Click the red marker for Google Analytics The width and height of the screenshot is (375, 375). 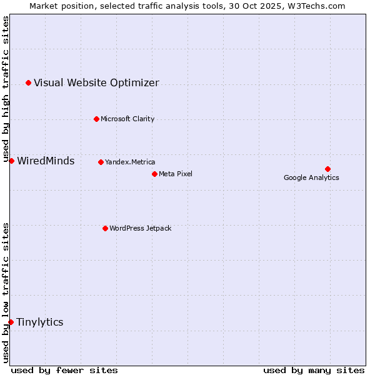pos(327,169)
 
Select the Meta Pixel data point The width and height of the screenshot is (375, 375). pos(154,174)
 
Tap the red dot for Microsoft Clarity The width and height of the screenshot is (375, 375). pos(96,119)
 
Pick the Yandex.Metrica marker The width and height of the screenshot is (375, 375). pos(101,162)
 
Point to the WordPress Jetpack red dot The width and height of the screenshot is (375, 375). pos(105,228)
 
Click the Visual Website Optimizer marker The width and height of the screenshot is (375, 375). pos(28,82)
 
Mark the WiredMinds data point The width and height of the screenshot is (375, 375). pos(11,161)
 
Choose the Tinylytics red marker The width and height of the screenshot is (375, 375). pos(11,322)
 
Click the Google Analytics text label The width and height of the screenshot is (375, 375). pos(311,177)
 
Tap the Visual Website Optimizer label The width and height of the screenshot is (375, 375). pos(96,82)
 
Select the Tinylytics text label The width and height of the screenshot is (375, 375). pos(39,322)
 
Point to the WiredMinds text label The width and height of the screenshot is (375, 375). pos(46,161)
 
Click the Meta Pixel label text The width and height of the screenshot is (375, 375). pos(176,174)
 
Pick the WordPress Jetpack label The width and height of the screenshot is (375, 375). pos(140,228)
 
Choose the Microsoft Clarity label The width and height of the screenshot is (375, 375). pos(127,119)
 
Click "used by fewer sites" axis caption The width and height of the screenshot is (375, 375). pos(64,370)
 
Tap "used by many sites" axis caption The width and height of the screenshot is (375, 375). pos(314,370)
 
